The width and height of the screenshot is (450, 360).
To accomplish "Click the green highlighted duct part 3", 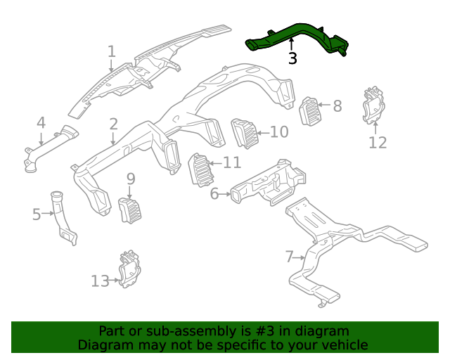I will (x=295, y=34).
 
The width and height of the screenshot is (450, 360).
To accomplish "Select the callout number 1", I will (x=111, y=51).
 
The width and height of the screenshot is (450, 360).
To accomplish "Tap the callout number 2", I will (x=113, y=124).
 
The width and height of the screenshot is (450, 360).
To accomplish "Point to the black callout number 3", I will (x=292, y=59).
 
